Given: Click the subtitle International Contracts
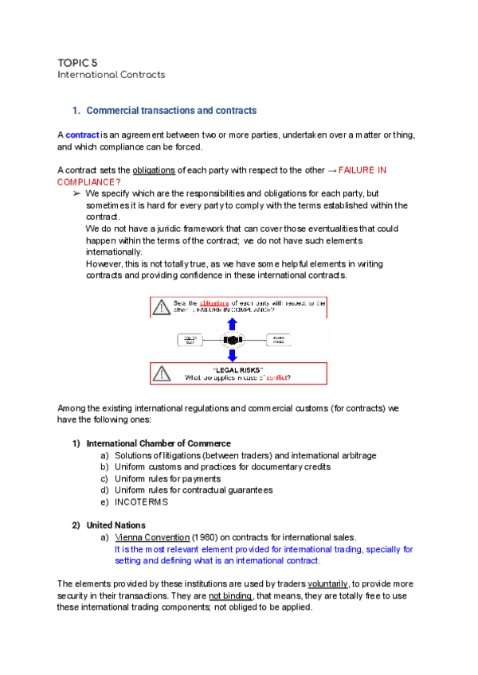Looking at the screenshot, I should [111, 75].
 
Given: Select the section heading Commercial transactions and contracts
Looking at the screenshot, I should [170, 110].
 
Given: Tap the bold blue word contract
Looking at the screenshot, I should [82, 135].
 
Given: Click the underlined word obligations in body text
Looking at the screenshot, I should [153, 170].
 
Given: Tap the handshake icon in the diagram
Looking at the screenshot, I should [233, 339].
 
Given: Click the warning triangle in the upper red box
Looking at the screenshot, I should [162, 306].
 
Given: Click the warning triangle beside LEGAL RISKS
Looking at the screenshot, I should [162, 373].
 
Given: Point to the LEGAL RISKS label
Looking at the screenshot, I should [237, 369].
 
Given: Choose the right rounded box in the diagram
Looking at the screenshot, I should [273, 340].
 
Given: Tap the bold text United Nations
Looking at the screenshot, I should [116, 525].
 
